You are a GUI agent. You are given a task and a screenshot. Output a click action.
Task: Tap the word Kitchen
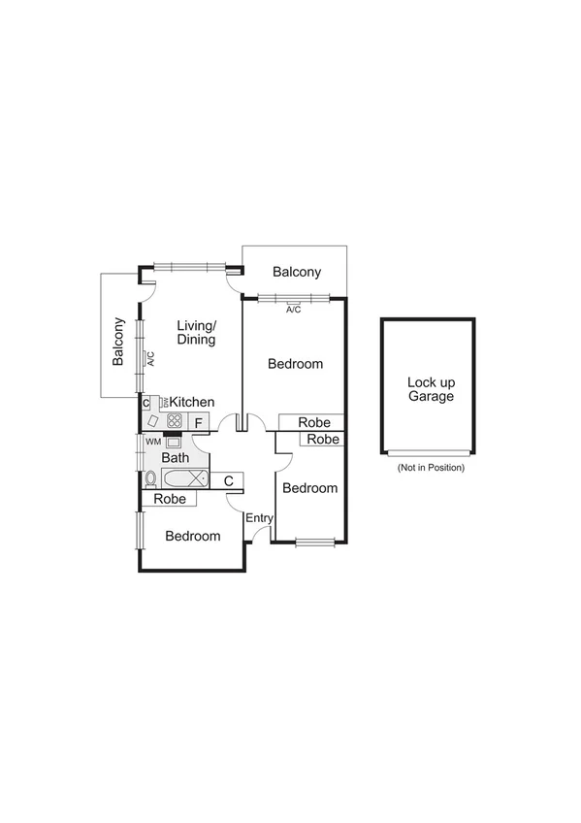point(192,402)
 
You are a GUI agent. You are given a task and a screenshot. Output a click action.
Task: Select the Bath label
point(176,457)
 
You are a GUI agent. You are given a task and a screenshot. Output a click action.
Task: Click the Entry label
point(259,518)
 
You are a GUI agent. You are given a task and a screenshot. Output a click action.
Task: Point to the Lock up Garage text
point(431,388)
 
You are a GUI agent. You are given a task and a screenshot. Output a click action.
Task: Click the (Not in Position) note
point(431,468)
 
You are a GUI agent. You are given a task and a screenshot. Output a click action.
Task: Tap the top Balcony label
point(296,273)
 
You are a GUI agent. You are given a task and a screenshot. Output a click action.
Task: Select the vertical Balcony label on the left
point(118,342)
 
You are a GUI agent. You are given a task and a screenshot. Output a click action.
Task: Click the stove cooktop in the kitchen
point(175,421)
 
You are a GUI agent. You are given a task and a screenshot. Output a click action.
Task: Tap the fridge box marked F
point(198,422)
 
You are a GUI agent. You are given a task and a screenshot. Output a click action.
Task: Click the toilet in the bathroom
point(151,478)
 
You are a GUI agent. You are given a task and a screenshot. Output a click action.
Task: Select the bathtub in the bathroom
point(184,478)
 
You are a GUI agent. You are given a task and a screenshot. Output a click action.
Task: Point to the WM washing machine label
point(152,442)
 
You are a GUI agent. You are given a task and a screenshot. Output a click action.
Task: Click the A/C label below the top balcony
point(293,310)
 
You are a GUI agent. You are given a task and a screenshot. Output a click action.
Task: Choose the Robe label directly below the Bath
point(170,499)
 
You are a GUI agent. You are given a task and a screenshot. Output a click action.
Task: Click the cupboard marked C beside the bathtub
point(228,479)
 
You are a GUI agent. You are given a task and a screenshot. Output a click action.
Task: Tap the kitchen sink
point(154,421)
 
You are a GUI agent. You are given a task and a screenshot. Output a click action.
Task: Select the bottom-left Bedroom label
point(192,536)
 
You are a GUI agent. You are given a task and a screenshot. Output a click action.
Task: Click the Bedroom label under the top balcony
point(295,364)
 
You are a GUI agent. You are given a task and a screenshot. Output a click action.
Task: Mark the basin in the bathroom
point(174,443)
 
